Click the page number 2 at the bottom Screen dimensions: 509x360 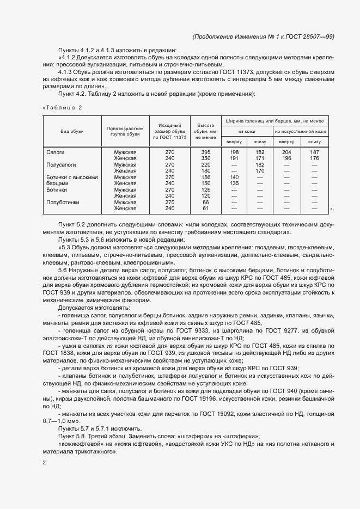tap(44, 463)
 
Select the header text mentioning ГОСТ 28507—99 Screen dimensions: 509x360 tap(264, 36)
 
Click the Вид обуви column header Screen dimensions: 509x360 tap(72, 132)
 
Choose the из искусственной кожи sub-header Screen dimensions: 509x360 tap(300, 131)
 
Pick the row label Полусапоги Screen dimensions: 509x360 tap(61, 164)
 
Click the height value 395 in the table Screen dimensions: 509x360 tap(206, 152)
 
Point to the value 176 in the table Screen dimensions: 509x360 tap(314, 158)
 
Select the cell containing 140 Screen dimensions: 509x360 tap(235, 177)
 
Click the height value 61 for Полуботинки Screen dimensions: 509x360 tap(206, 208)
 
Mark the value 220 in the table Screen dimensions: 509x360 tap(206, 164)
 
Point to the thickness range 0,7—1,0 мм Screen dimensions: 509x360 tap(62, 420)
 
